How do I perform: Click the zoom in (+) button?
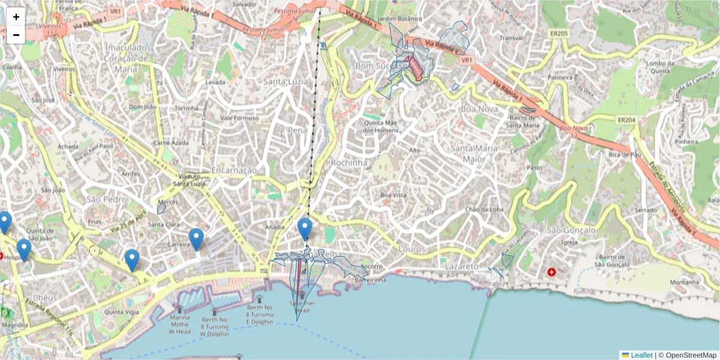point(16,17)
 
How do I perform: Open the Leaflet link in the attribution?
point(641,355)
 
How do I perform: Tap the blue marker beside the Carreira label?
point(196,239)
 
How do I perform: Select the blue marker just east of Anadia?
point(305,229)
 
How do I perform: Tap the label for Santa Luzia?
point(286,82)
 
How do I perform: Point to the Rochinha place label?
point(348,163)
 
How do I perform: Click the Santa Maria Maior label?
point(473,154)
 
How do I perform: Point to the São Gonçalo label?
point(571,230)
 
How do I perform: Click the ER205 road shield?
point(559,34)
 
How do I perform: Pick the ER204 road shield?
point(628,121)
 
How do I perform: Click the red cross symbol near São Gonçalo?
point(552,272)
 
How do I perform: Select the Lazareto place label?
point(461,266)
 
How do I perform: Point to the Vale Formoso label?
point(239,118)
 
